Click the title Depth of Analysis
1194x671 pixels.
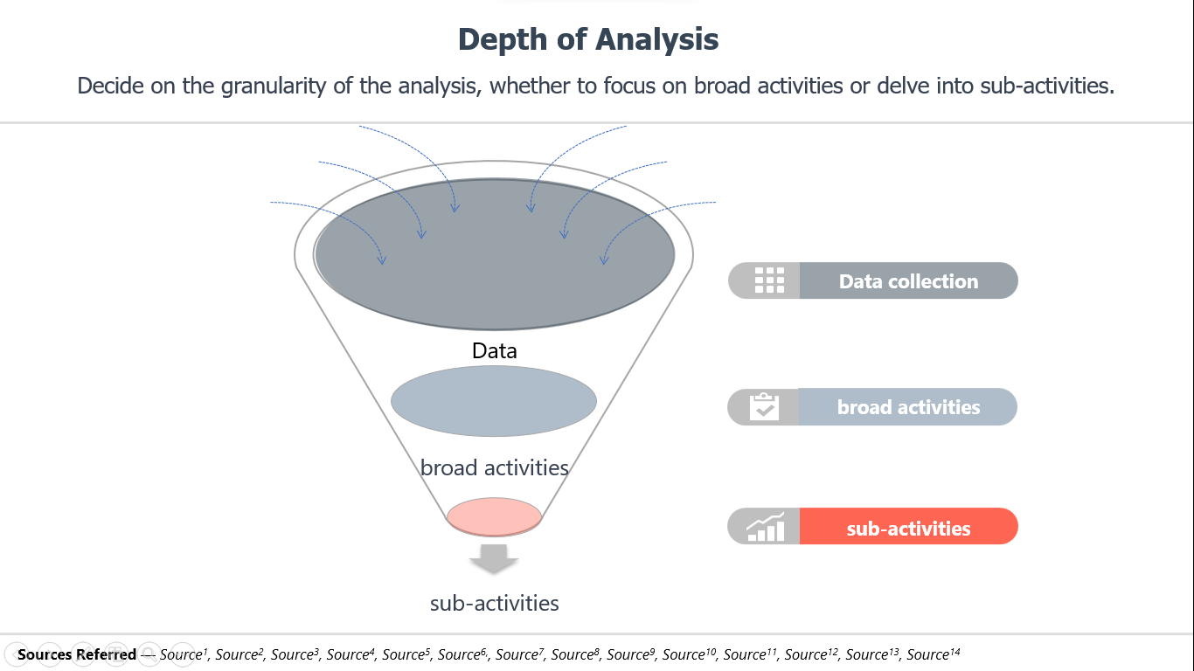[588, 39]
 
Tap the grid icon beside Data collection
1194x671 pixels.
[769, 280]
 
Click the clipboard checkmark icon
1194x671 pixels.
[764, 406]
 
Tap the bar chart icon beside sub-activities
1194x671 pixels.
[766, 527]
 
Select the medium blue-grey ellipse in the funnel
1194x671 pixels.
[494, 401]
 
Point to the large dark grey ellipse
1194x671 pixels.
[494, 254]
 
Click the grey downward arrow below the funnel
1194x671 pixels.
[494, 558]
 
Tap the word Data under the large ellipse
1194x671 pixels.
[494, 350]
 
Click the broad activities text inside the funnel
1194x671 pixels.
[494, 468]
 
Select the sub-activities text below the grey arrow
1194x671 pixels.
[494, 604]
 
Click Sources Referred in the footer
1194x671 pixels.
[77, 654]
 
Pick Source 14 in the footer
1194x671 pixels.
[934, 654]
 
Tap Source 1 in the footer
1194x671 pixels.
[184, 654]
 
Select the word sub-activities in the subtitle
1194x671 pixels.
[1047, 86]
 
